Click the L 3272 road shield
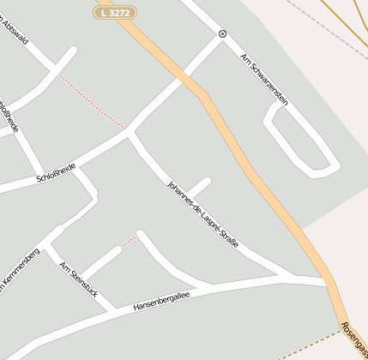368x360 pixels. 115,12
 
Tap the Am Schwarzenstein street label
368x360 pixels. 263,80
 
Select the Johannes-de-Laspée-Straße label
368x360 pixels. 202,215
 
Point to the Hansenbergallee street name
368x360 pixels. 161,300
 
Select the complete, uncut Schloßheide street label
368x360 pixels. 56,172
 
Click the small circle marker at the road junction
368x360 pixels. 223,34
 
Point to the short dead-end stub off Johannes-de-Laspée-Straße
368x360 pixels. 198,186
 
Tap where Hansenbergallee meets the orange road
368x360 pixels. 327,282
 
